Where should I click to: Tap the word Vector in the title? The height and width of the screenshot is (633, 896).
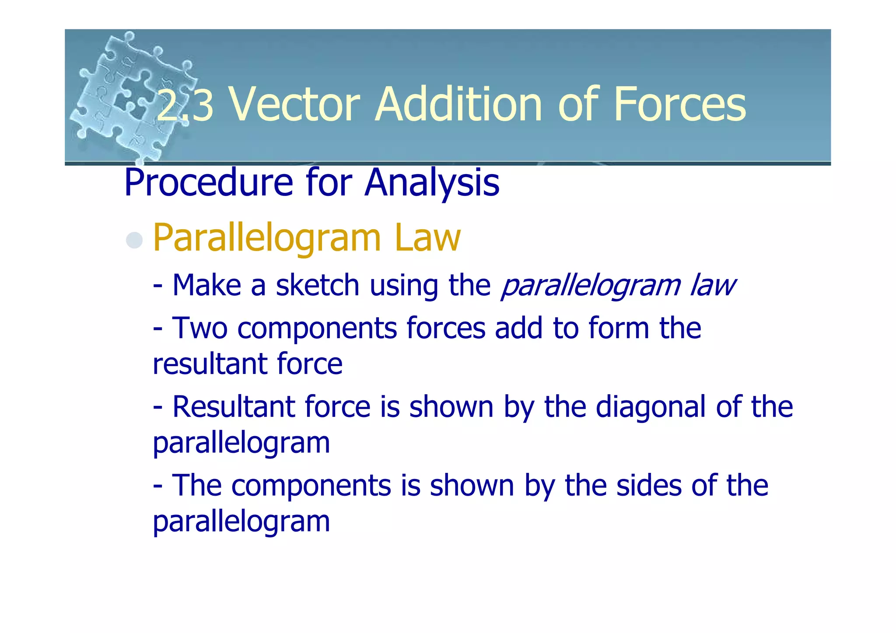pos(295,105)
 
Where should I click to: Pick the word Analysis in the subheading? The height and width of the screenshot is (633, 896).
pos(432,183)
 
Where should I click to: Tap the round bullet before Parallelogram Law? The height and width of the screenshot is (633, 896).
pos(134,240)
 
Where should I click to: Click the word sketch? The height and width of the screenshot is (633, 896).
pos(318,285)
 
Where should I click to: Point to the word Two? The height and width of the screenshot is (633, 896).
pos(200,328)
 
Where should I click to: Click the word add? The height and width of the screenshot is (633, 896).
pos(519,328)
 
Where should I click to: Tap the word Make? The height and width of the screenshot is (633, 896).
pos(206,285)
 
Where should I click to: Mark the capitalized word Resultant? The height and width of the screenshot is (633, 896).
pos(233,407)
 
